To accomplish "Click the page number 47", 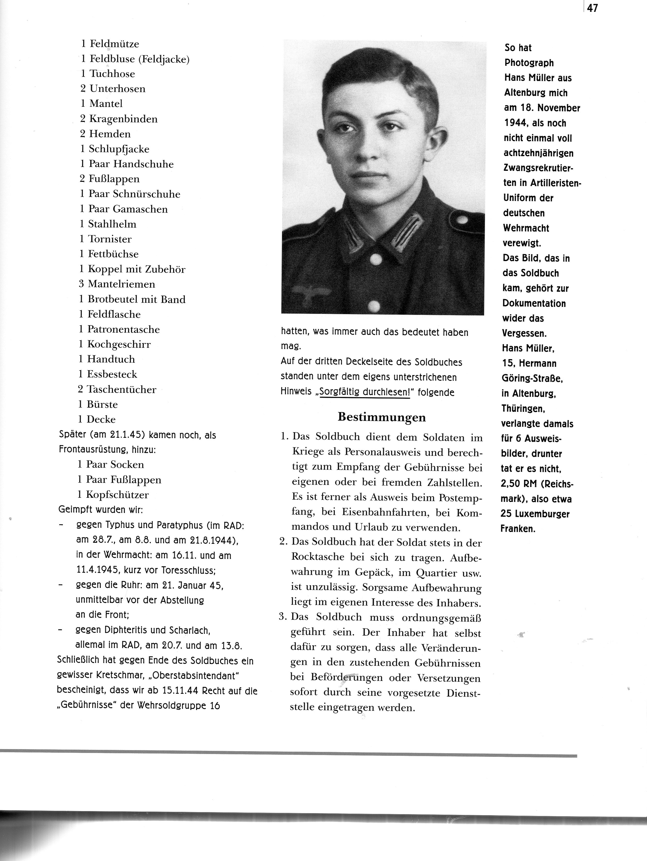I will tap(592, 8).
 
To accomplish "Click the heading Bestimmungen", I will tap(381, 417).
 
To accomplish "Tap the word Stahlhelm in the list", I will tap(112, 224).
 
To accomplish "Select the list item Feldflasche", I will tap(114, 315).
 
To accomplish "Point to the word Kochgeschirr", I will tap(119, 344).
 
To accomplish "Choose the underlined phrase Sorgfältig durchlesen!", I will tap(364, 392).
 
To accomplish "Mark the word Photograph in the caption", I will tap(529, 63).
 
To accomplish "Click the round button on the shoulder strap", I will tap(462, 220).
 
